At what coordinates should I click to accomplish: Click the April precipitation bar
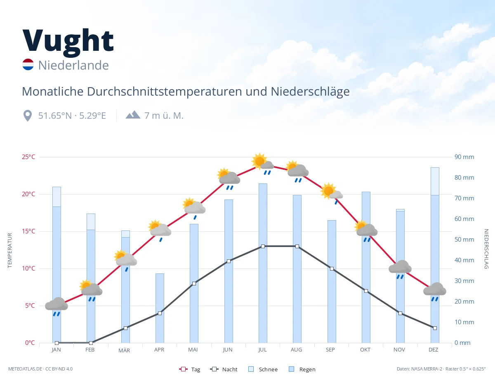pyautogui.click(x=160, y=308)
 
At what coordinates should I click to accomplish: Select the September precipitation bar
pyautogui.click(x=332, y=281)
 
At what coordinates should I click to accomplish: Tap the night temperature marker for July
pyautogui.click(x=263, y=246)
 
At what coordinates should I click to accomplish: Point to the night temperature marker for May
pyautogui.click(x=194, y=283)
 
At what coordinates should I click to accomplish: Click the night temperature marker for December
pyautogui.click(x=435, y=328)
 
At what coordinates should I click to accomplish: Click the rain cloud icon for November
pyautogui.click(x=400, y=269)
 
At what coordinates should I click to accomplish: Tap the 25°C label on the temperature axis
pyautogui.click(x=28, y=157)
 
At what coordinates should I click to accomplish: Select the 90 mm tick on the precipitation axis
pyautogui.click(x=464, y=157)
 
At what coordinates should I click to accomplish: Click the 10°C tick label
pyautogui.click(x=28, y=268)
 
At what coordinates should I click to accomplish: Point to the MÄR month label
pyautogui.click(x=124, y=350)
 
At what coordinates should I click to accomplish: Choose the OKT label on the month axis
pyautogui.click(x=365, y=350)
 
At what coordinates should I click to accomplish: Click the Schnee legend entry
pyautogui.click(x=263, y=369)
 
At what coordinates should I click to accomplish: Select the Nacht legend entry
pyautogui.click(x=224, y=369)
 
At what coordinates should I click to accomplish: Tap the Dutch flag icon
pyautogui.click(x=28, y=64)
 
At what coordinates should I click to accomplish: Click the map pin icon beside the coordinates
pyautogui.click(x=28, y=116)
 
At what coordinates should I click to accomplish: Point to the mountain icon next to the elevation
pyautogui.click(x=133, y=115)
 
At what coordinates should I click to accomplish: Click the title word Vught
pyautogui.click(x=68, y=43)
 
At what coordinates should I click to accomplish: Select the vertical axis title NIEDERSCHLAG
pyautogui.click(x=486, y=249)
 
